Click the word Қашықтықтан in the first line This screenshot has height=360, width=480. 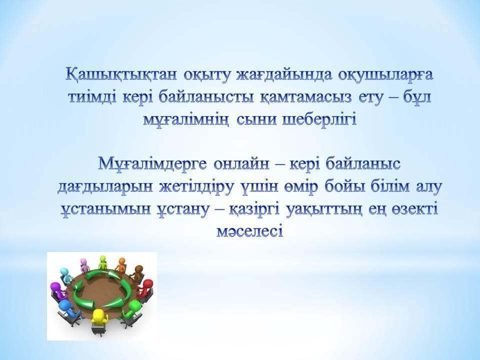click(121, 75)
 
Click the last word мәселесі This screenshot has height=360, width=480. click(250, 231)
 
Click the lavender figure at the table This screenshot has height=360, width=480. click(84, 265)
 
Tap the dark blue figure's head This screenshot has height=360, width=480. click(64, 304)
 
